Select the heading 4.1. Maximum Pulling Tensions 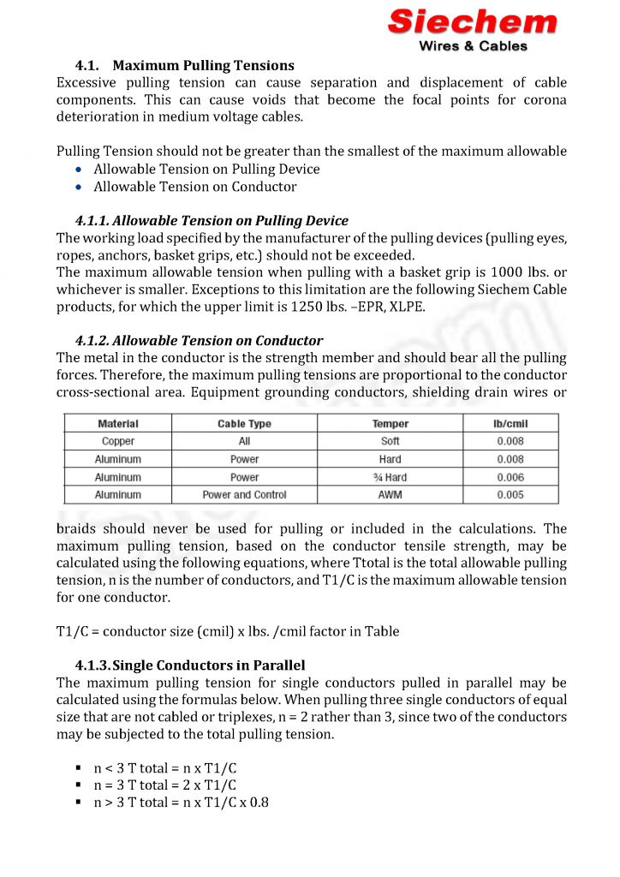click(x=185, y=65)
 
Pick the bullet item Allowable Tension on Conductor click(x=195, y=187)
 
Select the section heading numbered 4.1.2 click(x=199, y=340)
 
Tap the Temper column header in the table click(x=390, y=423)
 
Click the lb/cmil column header click(x=510, y=423)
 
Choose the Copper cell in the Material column click(x=118, y=441)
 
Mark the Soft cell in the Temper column click(x=390, y=441)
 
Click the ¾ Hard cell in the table click(x=390, y=477)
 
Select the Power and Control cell click(x=244, y=495)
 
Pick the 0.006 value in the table click(x=510, y=477)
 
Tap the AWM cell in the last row click(x=390, y=495)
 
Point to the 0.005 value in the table click(x=510, y=495)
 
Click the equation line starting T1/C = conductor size click(x=228, y=631)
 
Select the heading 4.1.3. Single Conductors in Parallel click(x=190, y=665)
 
